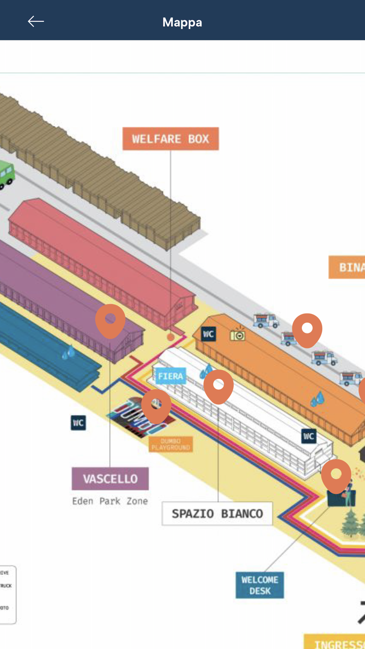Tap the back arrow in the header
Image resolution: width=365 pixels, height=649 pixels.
[35, 21]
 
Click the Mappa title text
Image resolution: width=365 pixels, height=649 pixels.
[182, 22]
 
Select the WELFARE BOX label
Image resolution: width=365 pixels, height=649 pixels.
[171, 139]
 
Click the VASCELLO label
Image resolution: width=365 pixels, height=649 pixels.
[110, 479]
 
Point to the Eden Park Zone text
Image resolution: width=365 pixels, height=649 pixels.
[110, 501]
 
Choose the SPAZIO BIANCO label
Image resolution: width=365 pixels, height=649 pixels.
[217, 513]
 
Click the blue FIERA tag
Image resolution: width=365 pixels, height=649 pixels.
[171, 376]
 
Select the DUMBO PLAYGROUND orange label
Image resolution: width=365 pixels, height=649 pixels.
[171, 444]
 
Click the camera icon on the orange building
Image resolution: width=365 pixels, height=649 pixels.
[238, 335]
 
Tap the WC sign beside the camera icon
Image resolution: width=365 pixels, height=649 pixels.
[209, 334]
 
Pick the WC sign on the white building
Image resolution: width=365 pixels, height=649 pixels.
[309, 436]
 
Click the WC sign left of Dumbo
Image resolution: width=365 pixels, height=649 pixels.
[78, 423]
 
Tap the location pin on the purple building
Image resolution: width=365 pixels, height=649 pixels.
[110, 320]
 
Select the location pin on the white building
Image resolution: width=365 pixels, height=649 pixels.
[218, 386]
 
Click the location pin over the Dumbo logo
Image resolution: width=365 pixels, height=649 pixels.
[156, 405]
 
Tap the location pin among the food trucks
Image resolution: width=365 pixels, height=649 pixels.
[307, 329]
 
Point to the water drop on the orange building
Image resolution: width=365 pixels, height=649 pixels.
[317, 400]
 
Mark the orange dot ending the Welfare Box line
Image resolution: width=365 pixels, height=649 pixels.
[171, 338]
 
